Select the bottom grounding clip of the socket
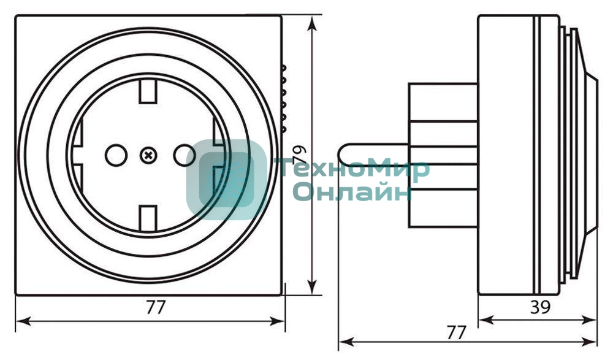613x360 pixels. (148, 218)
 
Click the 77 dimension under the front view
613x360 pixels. (156, 307)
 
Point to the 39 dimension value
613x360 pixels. (539, 307)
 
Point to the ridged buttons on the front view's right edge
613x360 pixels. (283, 98)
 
